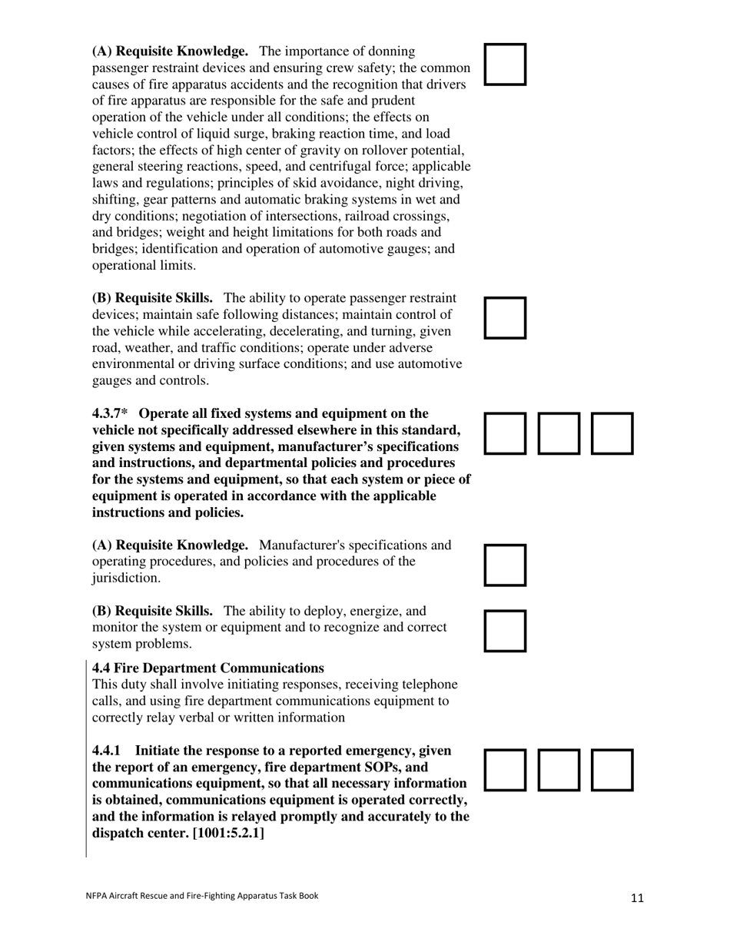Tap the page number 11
click(x=637, y=898)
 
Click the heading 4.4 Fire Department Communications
click(x=207, y=668)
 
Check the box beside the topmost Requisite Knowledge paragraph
click(x=506, y=64)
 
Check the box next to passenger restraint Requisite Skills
click(x=506, y=317)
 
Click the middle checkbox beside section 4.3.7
click(x=559, y=433)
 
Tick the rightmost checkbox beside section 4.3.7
click(x=612, y=433)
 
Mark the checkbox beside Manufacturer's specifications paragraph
click(x=506, y=565)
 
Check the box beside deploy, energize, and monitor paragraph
click(x=506, y=631)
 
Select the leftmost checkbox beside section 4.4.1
click(x=506, y=770)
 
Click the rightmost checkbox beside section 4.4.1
click(x=612, y=770)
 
